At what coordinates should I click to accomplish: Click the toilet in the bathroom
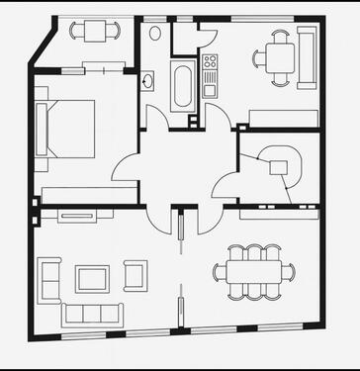click(155, 33)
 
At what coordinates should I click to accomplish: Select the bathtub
click(184, 87)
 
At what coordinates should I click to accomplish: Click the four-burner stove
click(210, 66)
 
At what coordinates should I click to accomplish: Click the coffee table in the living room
click(92, 279)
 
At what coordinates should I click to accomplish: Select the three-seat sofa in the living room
click(92, 316)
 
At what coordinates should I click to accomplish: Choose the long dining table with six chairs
click(254, 271)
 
